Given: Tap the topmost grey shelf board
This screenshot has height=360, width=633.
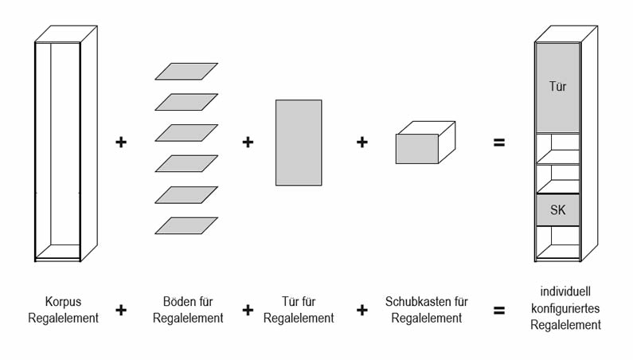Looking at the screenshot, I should tap(186, 72).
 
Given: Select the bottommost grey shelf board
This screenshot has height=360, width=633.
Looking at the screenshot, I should tap(186, 225).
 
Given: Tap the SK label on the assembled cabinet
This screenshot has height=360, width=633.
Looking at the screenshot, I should tap(557, 210).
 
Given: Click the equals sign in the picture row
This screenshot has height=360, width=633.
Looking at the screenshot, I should tap(499, 143).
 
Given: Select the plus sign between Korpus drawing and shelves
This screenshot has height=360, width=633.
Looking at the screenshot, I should tap(122, 143).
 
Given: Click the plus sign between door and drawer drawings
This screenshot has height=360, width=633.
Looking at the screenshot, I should tap(362, 143).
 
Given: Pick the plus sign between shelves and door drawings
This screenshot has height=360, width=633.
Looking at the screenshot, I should tap(248, 143).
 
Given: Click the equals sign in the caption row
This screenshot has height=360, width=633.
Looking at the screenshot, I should tap(499, 311).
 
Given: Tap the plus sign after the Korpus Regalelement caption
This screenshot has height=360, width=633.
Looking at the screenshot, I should tap(122, 311).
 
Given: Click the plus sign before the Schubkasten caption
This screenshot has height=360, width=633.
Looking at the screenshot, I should tap(362, 311).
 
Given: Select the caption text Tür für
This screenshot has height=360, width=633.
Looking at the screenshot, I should tap(299, 303).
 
